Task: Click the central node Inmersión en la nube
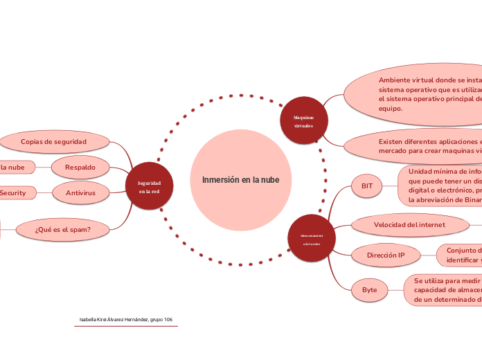click(240, 180)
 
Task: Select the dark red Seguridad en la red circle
click(149, 186)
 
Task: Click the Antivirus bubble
click(80, 192)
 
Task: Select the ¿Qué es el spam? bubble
click(63, 228)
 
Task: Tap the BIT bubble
click(367, 186)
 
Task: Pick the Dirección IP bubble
click(386, 255)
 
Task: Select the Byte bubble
click(369, 289)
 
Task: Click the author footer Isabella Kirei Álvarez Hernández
click(126, 320)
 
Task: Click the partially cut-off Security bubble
click(15, 192)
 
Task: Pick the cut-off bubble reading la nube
click(15, 167)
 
